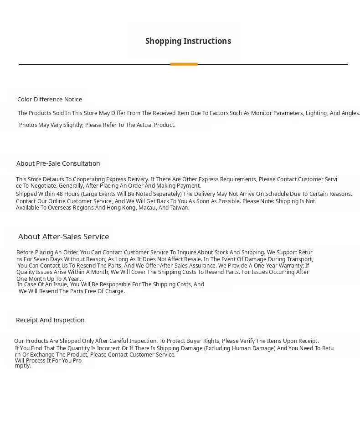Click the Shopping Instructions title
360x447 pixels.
click(x=188, y=41)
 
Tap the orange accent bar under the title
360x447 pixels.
click(x=184, y=64)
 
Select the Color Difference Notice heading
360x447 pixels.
click(x=50, y=100)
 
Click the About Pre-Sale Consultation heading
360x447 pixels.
click(x=58, y=163)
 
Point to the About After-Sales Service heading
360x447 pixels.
click(x=63, y=237)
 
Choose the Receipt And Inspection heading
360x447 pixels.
click(x=50, y=320)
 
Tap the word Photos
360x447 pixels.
click(x=28, y=125)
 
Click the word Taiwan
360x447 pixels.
click(x=180, y=208)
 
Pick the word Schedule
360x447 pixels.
click(x=277, y=194)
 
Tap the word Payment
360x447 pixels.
click(x=189, y=186)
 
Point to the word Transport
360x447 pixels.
click(x=299, y=259)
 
